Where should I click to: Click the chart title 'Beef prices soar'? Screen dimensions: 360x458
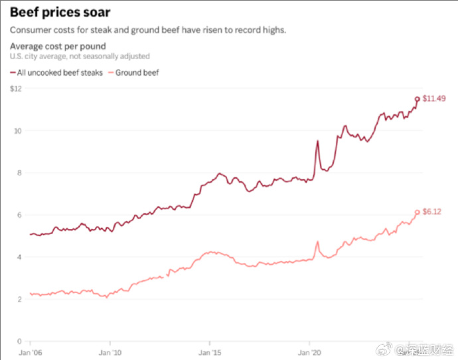pyautogui.click(x=60, y=12)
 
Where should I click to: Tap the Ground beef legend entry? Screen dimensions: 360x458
pyautogui.click(x=137, y=72)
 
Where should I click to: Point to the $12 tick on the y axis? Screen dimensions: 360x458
pyautogui.click(x=17, y=88)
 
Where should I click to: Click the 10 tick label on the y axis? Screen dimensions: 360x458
pyautogui.click(x=19, y=131)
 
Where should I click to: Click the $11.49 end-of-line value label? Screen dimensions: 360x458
pyautogui.click(x=434, y=98)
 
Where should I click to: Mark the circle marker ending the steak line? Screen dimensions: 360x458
pyautogui.click(x=418, y=99)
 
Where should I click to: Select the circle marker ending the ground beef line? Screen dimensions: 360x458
pyautogui.click(x=418, y=213)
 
